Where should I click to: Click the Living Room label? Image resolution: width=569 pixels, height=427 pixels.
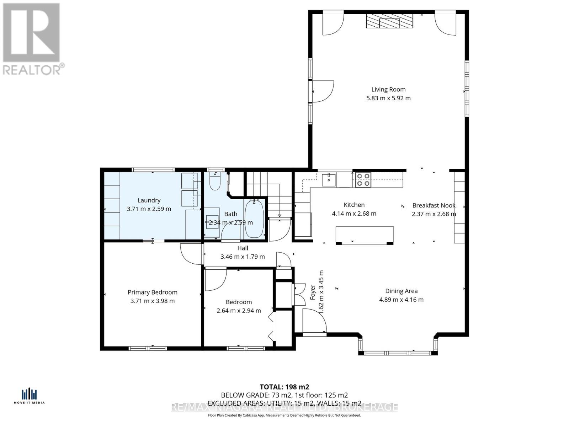[388, 90]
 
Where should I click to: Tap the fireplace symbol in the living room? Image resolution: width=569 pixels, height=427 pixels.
[390, 21]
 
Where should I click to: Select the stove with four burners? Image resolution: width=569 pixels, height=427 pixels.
[363, 180]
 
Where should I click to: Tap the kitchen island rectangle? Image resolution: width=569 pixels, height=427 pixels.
[365, 235]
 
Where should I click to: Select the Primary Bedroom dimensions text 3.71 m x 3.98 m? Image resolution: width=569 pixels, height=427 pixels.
[152, 301]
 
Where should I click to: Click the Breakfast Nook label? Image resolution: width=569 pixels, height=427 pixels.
[434, 205]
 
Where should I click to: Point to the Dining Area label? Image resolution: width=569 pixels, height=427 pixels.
[401, 291]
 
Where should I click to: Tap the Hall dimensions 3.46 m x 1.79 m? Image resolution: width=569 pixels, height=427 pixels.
[243, 257]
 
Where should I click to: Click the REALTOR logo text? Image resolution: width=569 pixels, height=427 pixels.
[34, 69]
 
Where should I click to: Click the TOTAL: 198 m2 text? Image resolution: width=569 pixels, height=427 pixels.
[284, 387]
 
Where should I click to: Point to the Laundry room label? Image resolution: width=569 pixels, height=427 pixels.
[149, 200]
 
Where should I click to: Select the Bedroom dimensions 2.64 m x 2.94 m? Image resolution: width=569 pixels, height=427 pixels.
[239, 311]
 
